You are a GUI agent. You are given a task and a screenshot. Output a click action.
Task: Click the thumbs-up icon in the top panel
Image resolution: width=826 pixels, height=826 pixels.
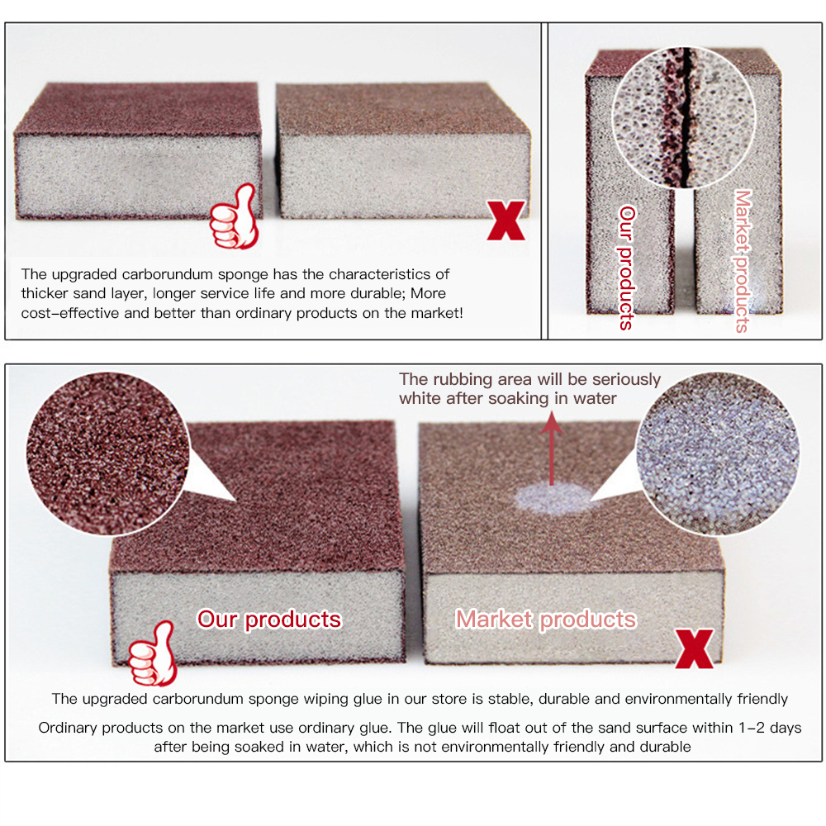235,216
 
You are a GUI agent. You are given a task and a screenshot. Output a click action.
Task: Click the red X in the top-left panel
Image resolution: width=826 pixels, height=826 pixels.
506,221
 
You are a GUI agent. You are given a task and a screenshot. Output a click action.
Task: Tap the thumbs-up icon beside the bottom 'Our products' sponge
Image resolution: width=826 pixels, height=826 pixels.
153,653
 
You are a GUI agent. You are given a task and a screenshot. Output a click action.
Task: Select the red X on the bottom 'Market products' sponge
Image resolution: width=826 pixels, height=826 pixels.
695,649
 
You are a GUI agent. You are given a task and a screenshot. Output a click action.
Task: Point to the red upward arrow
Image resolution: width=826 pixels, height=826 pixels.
552,448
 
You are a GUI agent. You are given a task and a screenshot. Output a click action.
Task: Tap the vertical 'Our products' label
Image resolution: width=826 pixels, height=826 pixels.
626,268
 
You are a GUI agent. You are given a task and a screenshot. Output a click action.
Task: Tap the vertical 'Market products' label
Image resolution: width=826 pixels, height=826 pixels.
743,261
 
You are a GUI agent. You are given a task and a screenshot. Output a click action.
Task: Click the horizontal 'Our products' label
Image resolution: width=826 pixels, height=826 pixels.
269,619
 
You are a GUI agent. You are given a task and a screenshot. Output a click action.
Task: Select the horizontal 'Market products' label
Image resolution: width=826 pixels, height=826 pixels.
546,619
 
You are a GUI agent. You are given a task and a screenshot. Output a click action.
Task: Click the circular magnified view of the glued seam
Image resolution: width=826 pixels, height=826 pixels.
684,117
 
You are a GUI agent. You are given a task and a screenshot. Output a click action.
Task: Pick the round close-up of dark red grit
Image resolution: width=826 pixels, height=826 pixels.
107,454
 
